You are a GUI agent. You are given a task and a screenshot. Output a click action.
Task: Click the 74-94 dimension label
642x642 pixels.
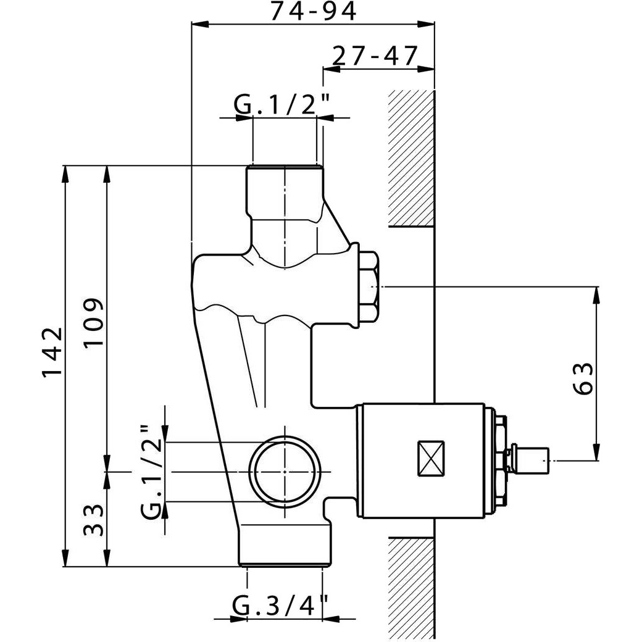(x=314, y=11)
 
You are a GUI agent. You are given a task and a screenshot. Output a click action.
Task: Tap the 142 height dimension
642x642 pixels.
(x=52, y=351)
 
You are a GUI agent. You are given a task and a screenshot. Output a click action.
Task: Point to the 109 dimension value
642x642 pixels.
(x=94, y=322)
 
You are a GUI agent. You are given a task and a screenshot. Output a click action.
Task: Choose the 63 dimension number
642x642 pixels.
(x=583, y=378)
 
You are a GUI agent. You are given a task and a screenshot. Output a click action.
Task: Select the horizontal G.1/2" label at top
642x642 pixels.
(x=281, y=105)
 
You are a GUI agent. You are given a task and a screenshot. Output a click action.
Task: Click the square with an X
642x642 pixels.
(x=431, y=458)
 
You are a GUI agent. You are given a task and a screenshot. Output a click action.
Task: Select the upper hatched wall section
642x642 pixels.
(x=411, y=159)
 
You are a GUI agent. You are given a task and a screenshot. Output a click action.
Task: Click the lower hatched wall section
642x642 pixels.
(x=411, y=589)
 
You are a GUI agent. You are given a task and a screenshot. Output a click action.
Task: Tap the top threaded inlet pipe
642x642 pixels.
(x=285, y=193)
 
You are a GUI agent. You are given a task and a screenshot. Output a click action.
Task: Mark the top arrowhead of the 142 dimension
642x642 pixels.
(x=65, y=175)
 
